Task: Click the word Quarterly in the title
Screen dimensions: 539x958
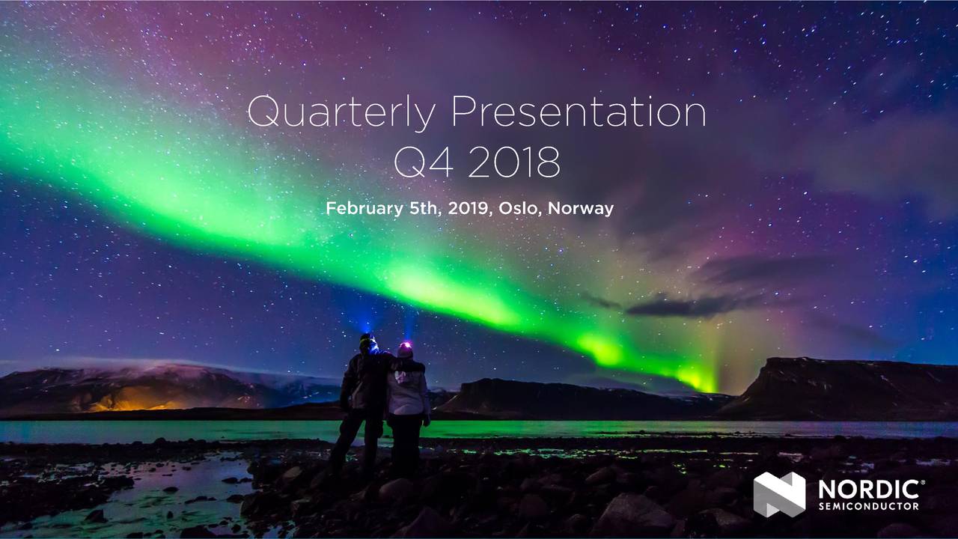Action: pyautogui.click(x=341, y=114)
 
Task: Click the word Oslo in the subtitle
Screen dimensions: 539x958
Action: pyautogui.click(x=519, y=209)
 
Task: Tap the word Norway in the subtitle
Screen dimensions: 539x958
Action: pyautogui.click(x=581, y=209)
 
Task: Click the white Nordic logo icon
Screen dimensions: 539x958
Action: pyautogui.click(x=779, y=494)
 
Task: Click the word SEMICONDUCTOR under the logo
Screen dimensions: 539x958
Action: pyautogui.click(x=868, y=507)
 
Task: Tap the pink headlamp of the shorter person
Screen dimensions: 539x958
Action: pyautogui.click(x=405, y=347)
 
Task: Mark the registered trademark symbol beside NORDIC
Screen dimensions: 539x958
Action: pyautogui.click(x=924, y=483)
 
